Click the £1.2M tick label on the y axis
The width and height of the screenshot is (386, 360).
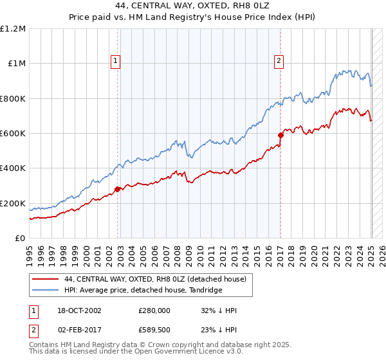tap(13, 29)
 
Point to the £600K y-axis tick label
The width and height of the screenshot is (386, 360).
tap(13, 134)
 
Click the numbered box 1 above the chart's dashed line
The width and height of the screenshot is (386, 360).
tap(116, 62)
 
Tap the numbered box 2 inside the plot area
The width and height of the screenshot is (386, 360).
tap(279, 62)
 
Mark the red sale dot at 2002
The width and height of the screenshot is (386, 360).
tap(118, 189)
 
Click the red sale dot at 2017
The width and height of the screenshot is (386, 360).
tap(280, 135)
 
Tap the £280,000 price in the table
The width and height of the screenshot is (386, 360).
tap(154, 310)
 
